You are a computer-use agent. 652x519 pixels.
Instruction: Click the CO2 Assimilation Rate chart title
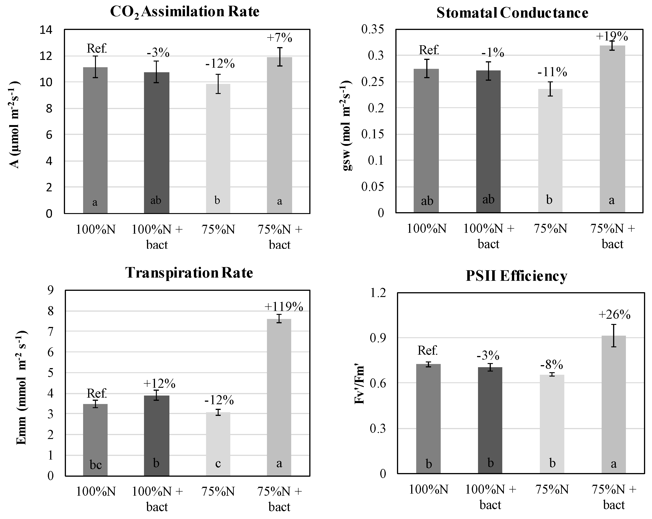[185, 12]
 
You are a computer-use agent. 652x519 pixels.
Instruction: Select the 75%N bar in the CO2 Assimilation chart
[218, 148]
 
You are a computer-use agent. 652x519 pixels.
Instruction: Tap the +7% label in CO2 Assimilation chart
[280, 38]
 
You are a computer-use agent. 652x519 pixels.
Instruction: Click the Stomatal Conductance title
[512, 13]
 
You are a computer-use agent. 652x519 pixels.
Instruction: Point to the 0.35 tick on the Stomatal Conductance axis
[372, 29]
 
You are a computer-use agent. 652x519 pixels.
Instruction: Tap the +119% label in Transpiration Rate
[284, 307]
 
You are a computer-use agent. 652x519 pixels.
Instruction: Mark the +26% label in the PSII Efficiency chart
[614, 315]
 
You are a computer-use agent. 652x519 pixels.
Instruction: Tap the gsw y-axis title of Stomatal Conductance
[348, 125]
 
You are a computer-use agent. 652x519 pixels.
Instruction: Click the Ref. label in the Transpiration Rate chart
[97, 393]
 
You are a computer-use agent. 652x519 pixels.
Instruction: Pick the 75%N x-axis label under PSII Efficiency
[552, 490]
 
